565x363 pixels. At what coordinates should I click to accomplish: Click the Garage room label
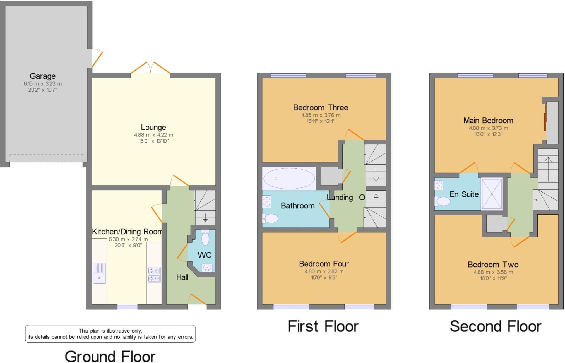pos(42,76)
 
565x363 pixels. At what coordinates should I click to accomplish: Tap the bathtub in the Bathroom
pos(289,178)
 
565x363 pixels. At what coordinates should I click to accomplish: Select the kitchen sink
pos(99,273)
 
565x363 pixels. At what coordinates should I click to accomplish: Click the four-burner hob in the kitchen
pos(154,275)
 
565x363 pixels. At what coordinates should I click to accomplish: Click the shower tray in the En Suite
pos(492,194)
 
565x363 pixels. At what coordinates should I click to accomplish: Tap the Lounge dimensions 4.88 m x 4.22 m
pos(153,135)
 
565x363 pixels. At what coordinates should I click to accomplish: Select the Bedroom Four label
pos(324,264)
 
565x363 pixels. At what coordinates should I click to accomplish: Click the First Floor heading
pos(323,326)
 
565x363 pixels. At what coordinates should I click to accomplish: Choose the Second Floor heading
pos(495,326)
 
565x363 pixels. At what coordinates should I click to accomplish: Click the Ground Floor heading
pos(110,356)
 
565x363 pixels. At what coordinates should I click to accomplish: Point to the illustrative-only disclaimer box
pos(110,334)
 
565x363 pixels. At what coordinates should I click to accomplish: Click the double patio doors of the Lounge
pos(150,69)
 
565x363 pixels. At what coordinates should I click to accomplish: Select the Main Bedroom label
pos(488,121)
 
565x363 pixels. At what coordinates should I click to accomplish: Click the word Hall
pos(182,277)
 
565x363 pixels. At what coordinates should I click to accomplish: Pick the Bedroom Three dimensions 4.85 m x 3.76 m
pos(321,115)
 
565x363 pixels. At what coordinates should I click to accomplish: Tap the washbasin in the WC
pos(207,268)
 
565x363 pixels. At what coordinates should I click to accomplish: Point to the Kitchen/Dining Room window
pos(127,307)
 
